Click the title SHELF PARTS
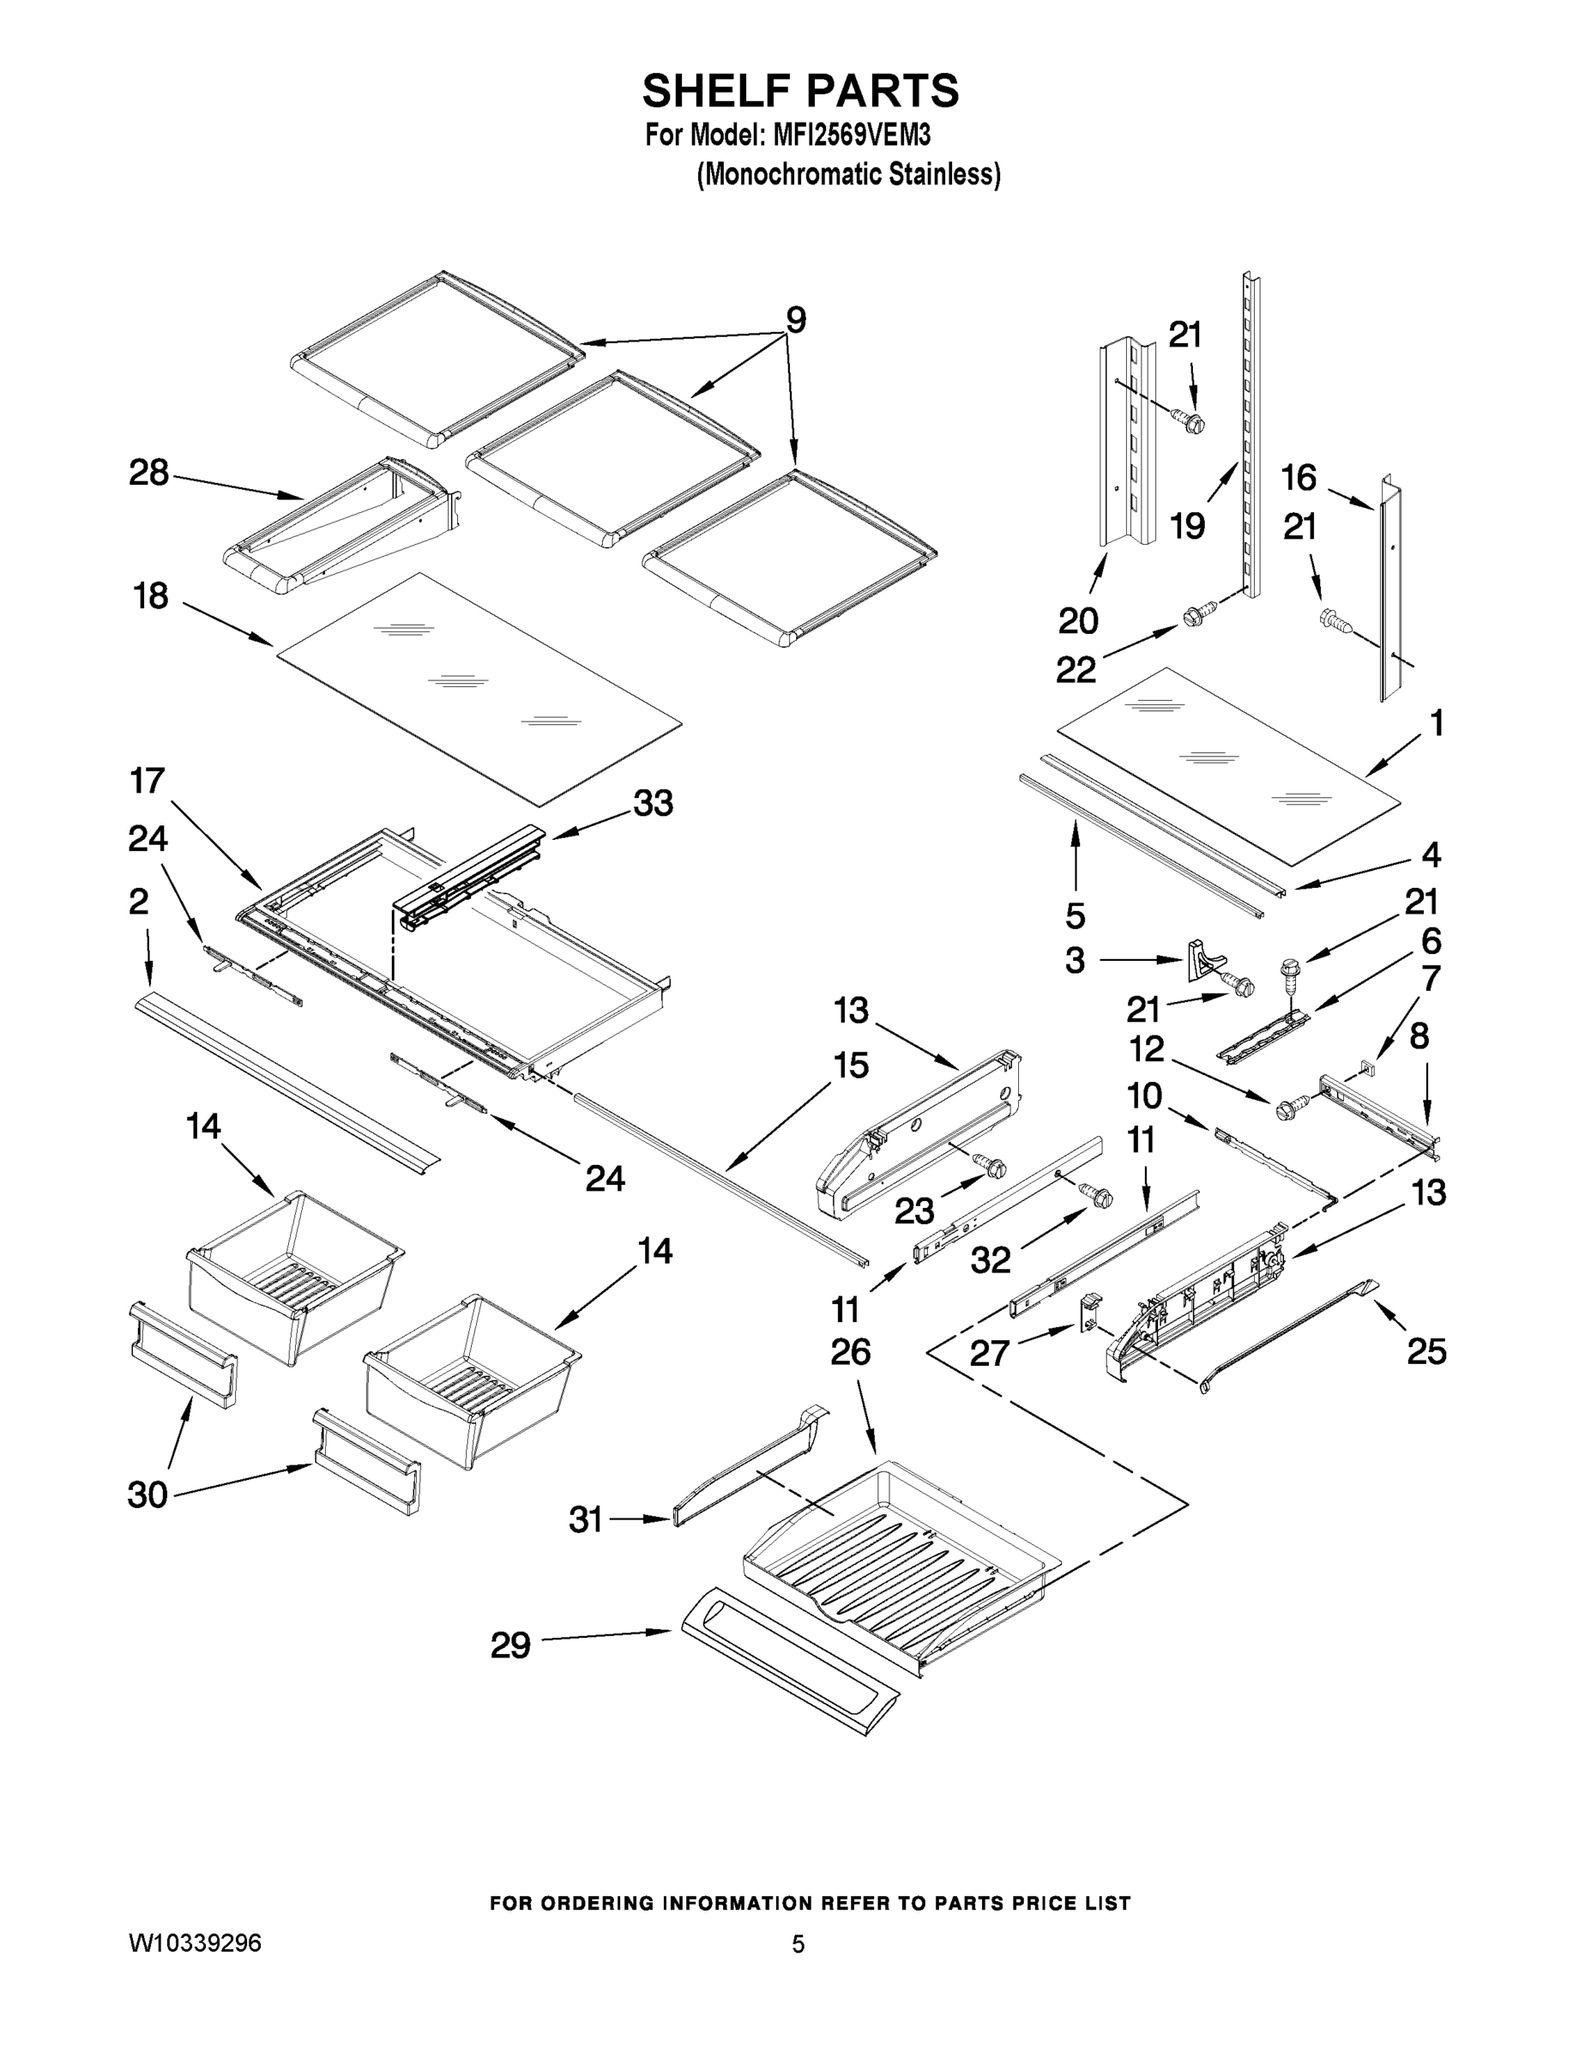(800, 92)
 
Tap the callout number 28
(149, 473)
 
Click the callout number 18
(151, 596)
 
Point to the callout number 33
(654, 803)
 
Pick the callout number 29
(511, 1645)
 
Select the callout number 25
(1426, 1351)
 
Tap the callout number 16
(1299, 478)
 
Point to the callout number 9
(796, 321)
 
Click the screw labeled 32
(1098, 1197)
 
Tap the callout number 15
(850, 1066)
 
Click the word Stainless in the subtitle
(951, 174)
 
